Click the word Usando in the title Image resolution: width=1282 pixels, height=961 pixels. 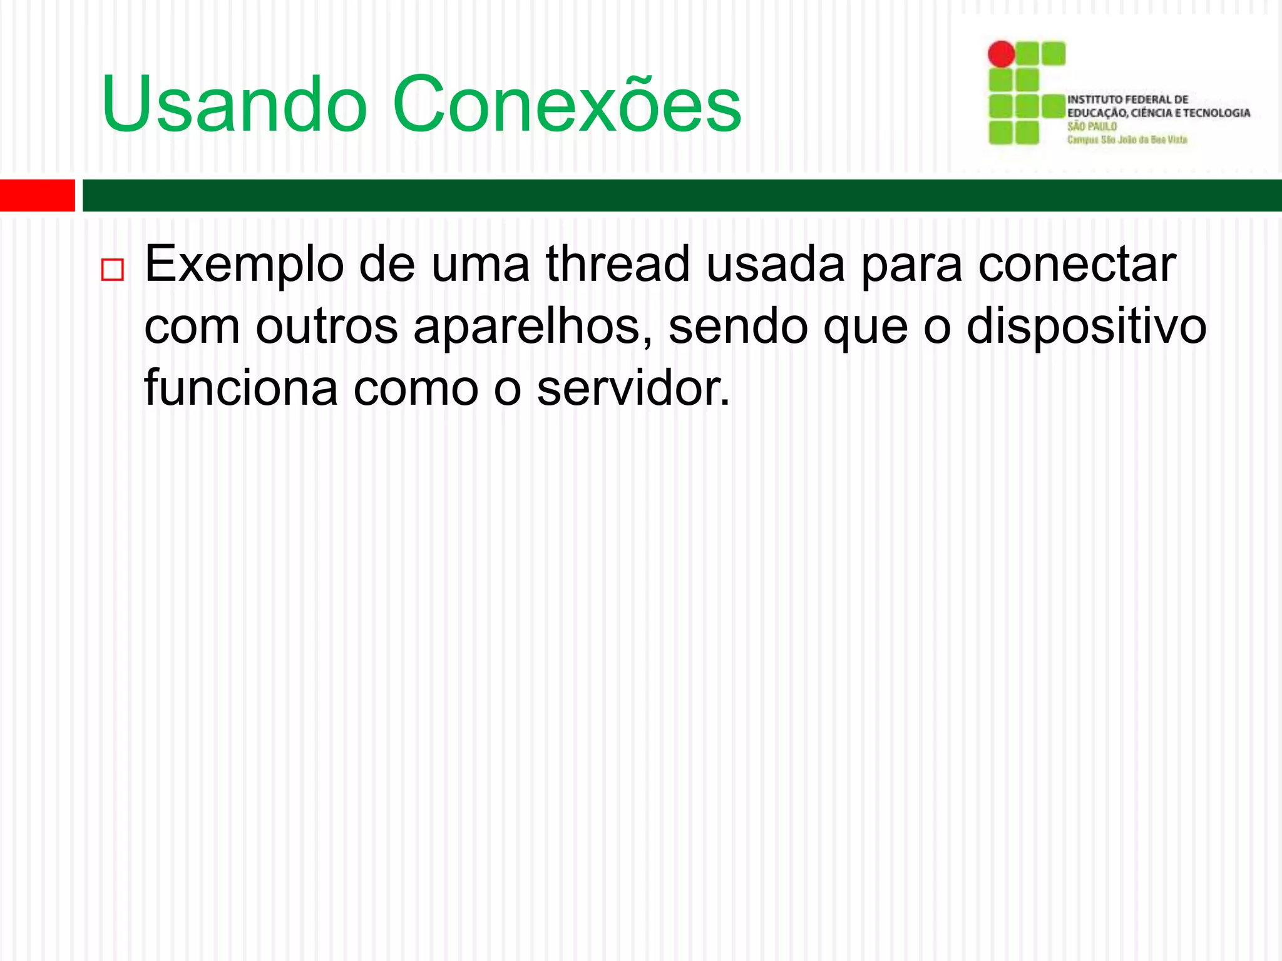[x=234, y=105]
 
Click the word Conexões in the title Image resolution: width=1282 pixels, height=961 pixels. [x=567, y=105]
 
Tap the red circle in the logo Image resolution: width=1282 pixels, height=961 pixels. [x=1001, y=54]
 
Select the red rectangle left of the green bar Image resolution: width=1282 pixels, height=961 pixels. [x=37, y=195]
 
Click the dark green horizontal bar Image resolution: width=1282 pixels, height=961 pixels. [x=682, y=195]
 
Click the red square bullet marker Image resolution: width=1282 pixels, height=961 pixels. [x=113, y=270]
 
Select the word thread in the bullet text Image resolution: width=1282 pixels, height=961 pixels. [x=618, y=264]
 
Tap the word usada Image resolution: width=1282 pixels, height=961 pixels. [x=776, y=264]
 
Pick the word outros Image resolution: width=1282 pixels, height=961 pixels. [x=327, y=327]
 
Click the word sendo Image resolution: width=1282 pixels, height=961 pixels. [x=738, y=327]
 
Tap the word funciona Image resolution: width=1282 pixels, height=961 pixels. [x=241, y=388]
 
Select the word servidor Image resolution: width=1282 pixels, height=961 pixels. [x=633, y=388]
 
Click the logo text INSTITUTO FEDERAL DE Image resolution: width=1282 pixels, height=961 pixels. [x=1127, y=99]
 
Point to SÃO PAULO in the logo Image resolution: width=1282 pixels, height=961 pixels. [x=1092, y=126]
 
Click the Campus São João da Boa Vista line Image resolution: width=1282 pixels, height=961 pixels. [x=1127, y=140]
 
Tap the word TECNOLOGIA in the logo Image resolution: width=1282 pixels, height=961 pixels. [x=1216, y=113]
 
